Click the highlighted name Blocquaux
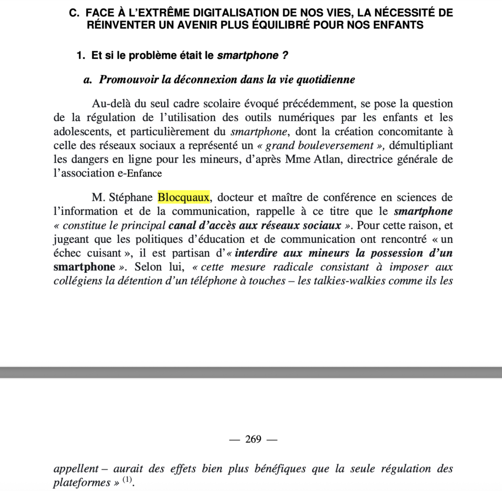[183, 198]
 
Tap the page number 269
[253, 439]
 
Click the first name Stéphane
[131, 198]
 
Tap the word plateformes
[82, 483]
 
